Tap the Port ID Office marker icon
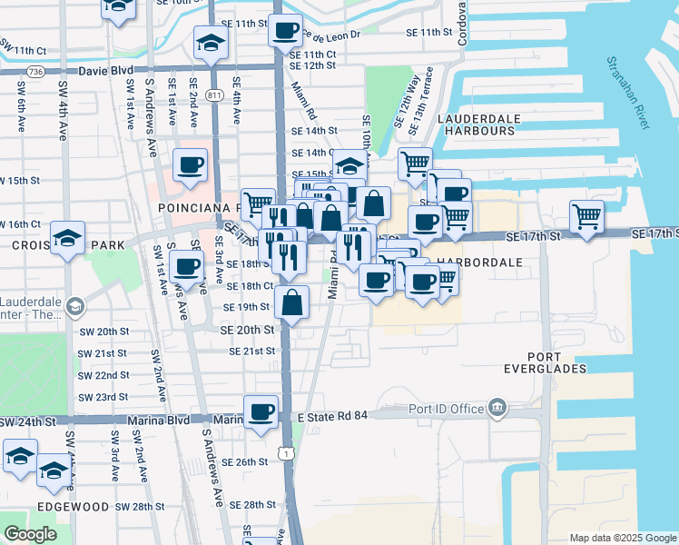pos(497,408)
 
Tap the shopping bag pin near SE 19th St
pos(292,302)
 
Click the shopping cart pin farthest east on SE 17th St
pos(587,217)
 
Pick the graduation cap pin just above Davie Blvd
pos(212,43)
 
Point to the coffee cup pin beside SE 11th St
pos(285,31)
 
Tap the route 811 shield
pos(215,94)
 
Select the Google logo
pos(30,534)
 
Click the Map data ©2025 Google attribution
pos(622,538)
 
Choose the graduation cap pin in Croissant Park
pos(68,238)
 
